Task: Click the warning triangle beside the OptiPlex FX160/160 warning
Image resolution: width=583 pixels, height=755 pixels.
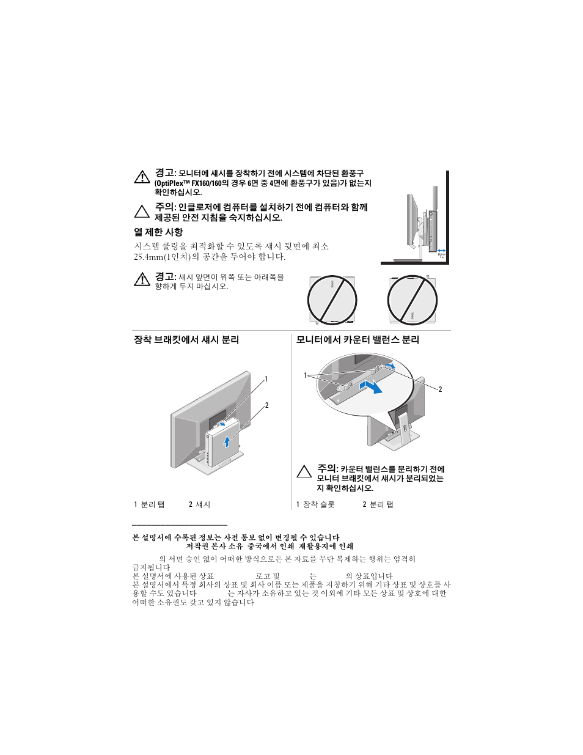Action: click(x=142, y=177)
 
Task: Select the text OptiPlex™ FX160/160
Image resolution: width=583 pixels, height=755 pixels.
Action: click(x=187, y=183)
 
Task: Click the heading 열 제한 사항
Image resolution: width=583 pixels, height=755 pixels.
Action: click(x=158, y=232)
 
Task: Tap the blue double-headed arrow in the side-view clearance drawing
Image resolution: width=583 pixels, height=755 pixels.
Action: click(x=442, y=250)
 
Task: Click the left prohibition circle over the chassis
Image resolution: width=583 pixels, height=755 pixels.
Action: click(x=332, y=300)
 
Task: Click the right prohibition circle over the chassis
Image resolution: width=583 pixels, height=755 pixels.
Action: click(x=413, y=300)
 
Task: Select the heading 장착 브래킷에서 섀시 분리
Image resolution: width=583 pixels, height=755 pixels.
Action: click(x=186, y=340)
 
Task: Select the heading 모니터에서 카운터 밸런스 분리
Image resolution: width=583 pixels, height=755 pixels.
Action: click(x=358, y=340)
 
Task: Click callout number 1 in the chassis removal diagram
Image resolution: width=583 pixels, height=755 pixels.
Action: click(x=266, y=379)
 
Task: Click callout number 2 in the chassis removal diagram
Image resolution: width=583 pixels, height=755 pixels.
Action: click(x=266, y=405)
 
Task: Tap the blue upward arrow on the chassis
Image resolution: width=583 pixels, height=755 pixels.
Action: click(x=227, y=440)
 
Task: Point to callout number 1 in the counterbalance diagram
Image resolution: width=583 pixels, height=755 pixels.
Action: click(x=306, y=375)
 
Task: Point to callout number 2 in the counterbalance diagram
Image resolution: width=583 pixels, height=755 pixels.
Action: click(x=440, y=389)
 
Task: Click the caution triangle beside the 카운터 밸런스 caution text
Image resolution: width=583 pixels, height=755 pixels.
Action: click(x=304, y=472)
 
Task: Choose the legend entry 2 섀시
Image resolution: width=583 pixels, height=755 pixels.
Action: click(x=199, y=504)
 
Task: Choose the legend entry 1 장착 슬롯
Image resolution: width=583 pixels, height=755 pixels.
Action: click(x=315, y=504)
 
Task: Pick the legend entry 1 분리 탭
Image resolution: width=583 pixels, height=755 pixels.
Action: click(x=149, y=504)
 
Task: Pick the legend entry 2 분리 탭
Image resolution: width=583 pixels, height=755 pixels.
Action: click(x=378, y=504)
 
